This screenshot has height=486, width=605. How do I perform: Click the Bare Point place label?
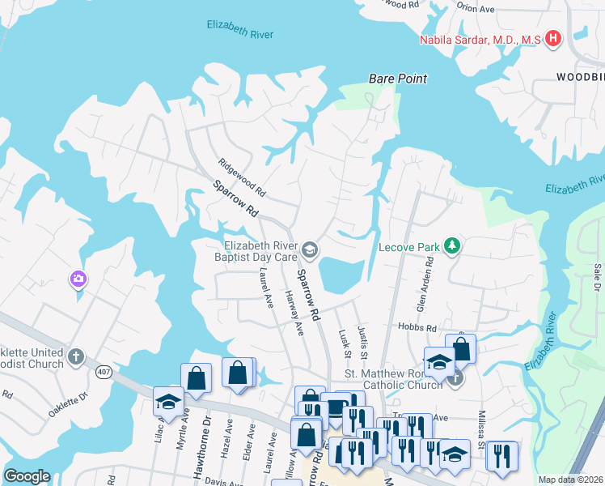(397, 79)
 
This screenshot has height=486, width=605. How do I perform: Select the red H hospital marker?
(553, 38)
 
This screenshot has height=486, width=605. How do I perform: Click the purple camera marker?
(78, 279)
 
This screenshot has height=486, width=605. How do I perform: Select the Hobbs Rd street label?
(417, 326)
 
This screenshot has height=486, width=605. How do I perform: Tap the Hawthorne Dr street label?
(206, 428)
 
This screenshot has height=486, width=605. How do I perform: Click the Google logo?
(27, 476)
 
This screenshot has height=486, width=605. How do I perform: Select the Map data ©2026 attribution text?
(570, 480)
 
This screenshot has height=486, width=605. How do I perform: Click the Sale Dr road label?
(597, 276)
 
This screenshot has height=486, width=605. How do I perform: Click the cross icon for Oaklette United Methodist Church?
(75, 356)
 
